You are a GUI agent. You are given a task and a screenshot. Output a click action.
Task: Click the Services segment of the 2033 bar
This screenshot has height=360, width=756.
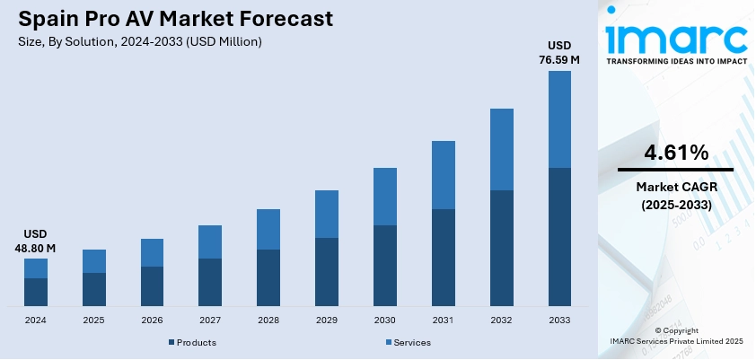(x=559, y=119)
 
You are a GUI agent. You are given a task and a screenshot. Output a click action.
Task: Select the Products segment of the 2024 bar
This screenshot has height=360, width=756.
(x=36, y=292)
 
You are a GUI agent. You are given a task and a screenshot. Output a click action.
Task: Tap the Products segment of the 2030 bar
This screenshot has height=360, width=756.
(x=385, y=265)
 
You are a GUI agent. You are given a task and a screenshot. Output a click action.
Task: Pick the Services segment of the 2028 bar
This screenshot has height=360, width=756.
(x=268, y=229)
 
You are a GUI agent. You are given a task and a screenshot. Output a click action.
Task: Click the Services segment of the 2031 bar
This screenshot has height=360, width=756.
(x=444, y=175)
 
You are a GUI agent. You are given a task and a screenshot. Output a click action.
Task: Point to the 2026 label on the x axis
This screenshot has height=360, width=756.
(x=152, y=320)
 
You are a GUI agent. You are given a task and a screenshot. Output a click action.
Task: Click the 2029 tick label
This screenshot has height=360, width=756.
(x=327, y=320)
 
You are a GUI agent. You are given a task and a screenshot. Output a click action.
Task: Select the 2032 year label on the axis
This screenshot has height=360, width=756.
(x=502, y=320)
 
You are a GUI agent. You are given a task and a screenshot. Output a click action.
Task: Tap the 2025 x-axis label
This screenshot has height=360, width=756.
(x=93, y=320)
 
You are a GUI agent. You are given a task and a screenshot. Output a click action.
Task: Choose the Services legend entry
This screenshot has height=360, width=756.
(x=411, y=342)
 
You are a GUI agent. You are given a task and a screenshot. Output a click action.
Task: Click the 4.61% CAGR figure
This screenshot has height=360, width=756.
(x=675, y=153)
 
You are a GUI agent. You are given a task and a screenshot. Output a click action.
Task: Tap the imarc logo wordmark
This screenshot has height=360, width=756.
(x=675, y=36)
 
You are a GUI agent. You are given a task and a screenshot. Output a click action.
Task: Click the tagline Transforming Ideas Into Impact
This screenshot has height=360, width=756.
(x=675, y=62)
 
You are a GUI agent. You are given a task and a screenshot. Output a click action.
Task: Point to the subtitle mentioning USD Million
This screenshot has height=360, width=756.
(x=140, y=41)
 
